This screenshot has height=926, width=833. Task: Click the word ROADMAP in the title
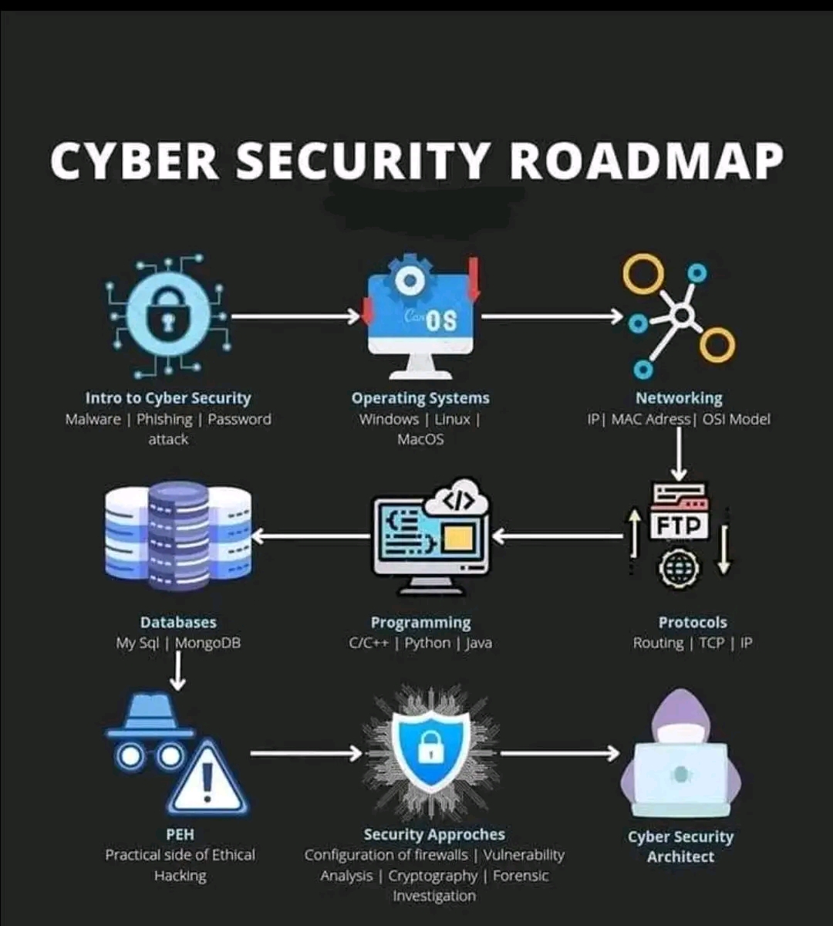(x=646, y=161)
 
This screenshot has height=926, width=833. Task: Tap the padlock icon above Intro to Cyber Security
(x=167, y=316)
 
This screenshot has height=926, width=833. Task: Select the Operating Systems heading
(x=420, y=398)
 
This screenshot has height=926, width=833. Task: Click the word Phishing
(x=164, y=419)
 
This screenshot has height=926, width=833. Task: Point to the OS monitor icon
(x=421, y=318)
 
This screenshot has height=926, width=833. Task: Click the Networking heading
(x=679, y=398)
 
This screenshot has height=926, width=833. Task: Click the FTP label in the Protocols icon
(x=679, y=525)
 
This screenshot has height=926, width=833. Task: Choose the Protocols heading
(x=693, y=622)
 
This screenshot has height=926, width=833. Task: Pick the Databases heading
(x=178, y=622)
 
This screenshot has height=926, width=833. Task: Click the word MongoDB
(x=207, y=643)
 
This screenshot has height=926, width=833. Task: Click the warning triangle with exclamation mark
(x=207, y=779)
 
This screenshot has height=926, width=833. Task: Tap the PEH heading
(x=180, y=834)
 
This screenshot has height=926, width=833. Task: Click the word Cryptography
(x=433, y=876)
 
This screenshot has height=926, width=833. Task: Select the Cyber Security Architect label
(x=680, y=847)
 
